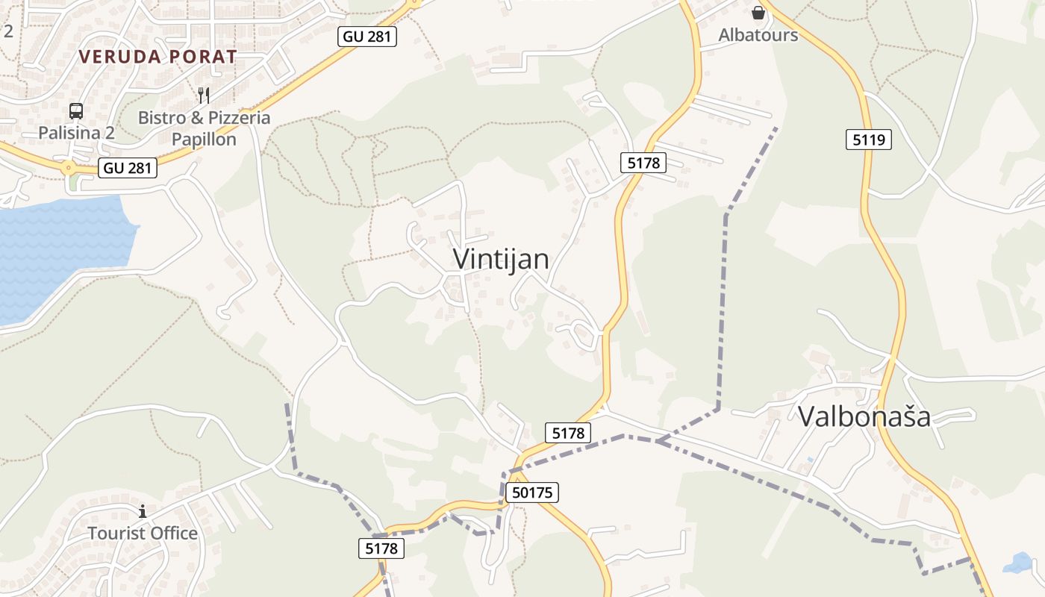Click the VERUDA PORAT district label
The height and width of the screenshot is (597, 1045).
(x=157, y=57)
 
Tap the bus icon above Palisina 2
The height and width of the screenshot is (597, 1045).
(x=76, y=111)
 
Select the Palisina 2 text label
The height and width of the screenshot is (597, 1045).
(x=78, y=133)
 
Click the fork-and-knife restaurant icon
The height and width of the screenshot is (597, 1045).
(x=204, y=96)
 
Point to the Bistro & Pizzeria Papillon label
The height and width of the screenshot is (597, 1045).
(x=204, y=128)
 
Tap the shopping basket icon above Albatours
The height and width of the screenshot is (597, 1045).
(x=758, y=13)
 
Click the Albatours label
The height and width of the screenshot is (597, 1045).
(x=758, y=35)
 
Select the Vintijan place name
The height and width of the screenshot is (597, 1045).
(x=501, y=259)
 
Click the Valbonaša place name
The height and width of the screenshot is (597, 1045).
(x=864, y=416)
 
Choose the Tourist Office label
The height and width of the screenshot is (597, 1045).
(x=143, y=534)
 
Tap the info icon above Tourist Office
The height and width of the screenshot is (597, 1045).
(x=143, y=511)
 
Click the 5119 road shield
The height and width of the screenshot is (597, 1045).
(x=868, y=139)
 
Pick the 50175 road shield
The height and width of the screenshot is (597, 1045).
(x=532, y=493)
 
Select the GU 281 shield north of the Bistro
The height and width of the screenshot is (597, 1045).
(x=366, y=36)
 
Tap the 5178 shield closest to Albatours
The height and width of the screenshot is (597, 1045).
(x=643, y=162)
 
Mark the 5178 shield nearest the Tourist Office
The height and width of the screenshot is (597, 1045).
(x=381, y=548)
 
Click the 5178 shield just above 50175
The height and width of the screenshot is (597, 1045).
(x=568, y=432)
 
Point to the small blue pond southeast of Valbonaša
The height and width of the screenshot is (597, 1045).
(x=1018, y=563)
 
